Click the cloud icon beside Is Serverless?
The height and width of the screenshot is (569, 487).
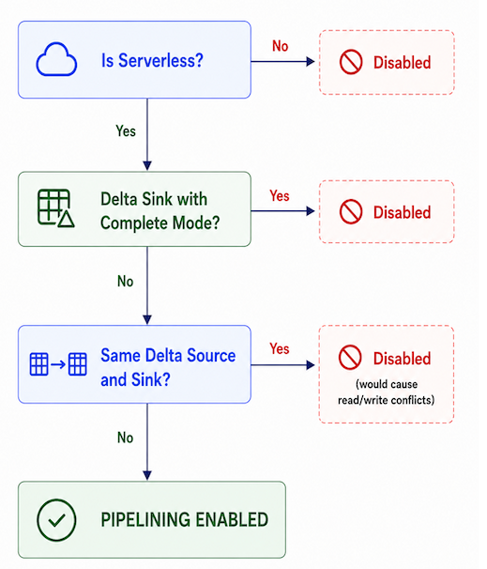click(x=56, y=59)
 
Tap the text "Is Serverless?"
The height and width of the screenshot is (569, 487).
click(x=152, y=60)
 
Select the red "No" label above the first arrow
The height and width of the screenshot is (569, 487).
click(x=281, y=46)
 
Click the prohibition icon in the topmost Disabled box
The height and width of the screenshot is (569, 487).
click(x=351, y=62)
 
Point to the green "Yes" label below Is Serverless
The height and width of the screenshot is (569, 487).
click(x=126, y=131)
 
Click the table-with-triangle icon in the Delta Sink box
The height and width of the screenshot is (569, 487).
click(x=56, y=208)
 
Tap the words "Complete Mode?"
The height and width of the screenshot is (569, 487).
click(x=160, y=223)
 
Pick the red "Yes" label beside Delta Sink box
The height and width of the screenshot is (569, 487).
click(x=280, y=196)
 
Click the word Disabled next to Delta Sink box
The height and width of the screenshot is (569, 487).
click(x=403, y=212)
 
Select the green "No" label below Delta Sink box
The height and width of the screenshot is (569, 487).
click(x=125, y=282)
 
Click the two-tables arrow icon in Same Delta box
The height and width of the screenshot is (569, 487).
click(x=58, y=363)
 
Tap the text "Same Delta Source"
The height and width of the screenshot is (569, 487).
click(x=168, y=355)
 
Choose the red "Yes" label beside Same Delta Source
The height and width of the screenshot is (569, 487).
click(x=280, y=348)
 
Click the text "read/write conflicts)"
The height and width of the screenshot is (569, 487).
click(x=387, y=400)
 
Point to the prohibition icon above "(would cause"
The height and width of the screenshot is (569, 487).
click(x=350, y=357)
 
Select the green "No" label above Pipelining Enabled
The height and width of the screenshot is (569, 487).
click(x=125, y=438)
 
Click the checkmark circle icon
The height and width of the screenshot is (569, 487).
click(x=56, y=519)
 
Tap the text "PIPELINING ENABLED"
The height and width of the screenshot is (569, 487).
click(x=185, y=519)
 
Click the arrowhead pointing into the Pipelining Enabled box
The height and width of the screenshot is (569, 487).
click(x=147, y=475)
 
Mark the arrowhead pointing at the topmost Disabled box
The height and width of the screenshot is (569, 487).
click(x=310, y=62)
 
